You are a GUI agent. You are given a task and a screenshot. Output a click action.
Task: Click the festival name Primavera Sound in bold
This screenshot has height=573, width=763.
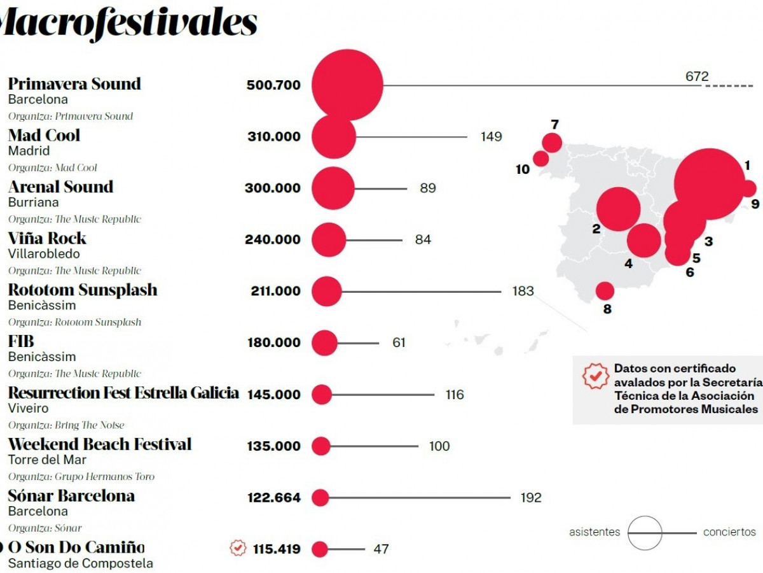point(74,84)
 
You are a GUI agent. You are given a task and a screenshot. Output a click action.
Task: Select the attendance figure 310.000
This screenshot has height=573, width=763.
point(273,137)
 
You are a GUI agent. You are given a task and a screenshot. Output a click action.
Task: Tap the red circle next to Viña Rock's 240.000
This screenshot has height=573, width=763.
point(329,240)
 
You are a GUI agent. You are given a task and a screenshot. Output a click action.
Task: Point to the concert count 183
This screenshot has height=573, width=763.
point(523,292)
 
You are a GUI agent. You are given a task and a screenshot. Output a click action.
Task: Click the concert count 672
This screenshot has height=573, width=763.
point(697,76)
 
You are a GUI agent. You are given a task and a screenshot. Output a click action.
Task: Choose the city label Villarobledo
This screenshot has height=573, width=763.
point(44,254)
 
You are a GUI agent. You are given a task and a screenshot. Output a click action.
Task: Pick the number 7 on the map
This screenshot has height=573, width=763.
point(554,125)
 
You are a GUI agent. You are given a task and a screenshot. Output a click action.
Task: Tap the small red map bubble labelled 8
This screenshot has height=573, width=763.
point(605,291)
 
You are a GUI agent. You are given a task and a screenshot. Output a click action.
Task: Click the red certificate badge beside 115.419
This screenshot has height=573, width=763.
point(238,548)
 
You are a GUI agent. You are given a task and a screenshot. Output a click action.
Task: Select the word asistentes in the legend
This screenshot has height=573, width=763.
point(594,532)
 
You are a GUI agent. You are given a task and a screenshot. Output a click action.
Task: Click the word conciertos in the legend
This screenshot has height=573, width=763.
point(729,532)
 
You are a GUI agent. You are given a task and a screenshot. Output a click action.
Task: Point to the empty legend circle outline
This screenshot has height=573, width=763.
point(645,533)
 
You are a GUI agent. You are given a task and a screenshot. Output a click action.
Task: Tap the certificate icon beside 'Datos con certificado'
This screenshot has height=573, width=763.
point(596,376)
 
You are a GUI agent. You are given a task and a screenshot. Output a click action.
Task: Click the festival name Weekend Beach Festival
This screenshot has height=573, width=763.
point(100,444)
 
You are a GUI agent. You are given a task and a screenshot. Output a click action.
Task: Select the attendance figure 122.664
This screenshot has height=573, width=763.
point(273,498)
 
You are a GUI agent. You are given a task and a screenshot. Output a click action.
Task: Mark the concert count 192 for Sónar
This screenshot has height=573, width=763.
point(530,498)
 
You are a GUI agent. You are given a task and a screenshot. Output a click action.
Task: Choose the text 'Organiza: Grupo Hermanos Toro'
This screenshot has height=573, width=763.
point(81,477)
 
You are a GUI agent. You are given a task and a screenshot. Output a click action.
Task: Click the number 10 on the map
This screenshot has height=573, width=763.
point(523,170)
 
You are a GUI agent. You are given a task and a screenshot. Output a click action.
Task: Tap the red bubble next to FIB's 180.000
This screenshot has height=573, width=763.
point(325,343)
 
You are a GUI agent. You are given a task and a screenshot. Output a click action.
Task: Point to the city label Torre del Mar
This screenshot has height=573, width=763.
point(47,460)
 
